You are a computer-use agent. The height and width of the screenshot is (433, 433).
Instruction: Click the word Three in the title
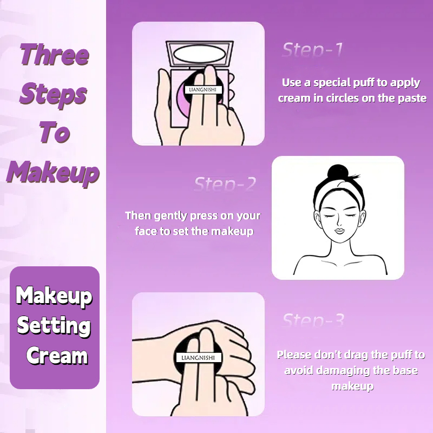pyautogui.click(x=55, y=55)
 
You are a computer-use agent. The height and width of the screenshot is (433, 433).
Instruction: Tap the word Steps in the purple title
pyautogui.click(x=53, y=94)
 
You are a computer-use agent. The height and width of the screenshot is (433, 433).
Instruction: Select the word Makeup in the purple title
pyautogui.click(x=53, y=172)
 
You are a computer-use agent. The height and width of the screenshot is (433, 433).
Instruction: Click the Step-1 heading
pyautogui.click(x=312, y=50)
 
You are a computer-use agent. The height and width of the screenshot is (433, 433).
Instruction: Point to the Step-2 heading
pyautogui.click(x=225, y=183)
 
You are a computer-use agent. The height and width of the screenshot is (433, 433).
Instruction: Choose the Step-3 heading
pyautogui.click(x=313, y=320)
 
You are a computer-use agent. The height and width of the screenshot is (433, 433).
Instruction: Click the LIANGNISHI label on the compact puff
pyautogui.click(x=202, y=89)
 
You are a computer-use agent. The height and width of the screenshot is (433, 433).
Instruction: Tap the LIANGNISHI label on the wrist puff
pyautogui.click(x=198, y=358)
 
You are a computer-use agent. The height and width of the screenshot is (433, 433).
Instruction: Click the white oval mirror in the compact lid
pyautogui.click(x=199, y=54)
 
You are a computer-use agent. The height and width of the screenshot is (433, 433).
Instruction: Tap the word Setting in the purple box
pyautogui.click(x=54, y=326)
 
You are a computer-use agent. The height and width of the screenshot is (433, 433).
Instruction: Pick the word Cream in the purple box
pyautogui.click(x=57, y=356)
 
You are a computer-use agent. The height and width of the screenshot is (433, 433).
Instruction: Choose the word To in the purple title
pyautogui.click(x=54, y=132)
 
